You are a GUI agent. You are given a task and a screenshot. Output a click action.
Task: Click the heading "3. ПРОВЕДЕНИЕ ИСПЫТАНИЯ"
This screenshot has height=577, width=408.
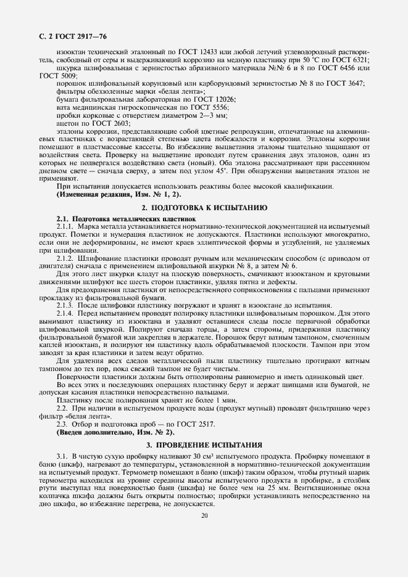pyautogui.click(x=204, y=444)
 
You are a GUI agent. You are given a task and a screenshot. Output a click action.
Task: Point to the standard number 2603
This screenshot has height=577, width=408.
pyautogui.click(x=119, y=123)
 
